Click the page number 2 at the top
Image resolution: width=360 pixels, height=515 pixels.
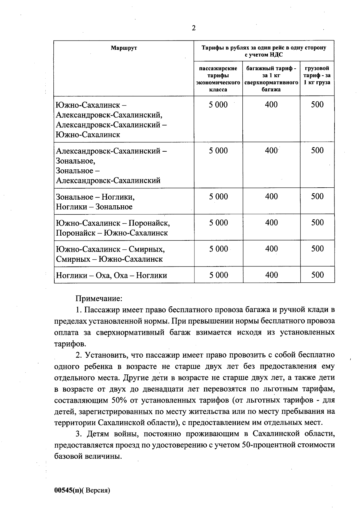(x=194, y=28)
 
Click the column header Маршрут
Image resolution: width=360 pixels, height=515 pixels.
(x=124, y=48)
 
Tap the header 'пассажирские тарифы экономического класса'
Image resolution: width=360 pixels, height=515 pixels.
(x=218, y=79)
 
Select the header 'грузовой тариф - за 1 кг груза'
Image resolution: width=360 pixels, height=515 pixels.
(x=317, y=75)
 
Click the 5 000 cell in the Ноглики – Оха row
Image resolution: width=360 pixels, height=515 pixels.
(x=218, y=275)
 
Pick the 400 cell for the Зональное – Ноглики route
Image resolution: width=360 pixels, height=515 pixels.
(x=271, y=197)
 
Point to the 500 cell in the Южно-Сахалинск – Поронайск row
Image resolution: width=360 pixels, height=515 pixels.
(x=317, y=223)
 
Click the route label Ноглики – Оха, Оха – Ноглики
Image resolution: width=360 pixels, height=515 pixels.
(x=112, y=275)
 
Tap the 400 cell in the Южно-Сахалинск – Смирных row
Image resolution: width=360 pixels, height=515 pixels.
(x=271, y=249)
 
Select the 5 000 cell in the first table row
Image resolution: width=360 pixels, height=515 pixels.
(x=218, y=105)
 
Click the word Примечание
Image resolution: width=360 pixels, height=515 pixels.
(x=99, y=299)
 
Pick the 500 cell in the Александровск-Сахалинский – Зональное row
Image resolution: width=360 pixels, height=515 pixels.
(x=317, y=150)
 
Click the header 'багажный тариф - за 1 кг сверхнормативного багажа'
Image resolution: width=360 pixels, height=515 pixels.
(x=271, y=79)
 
